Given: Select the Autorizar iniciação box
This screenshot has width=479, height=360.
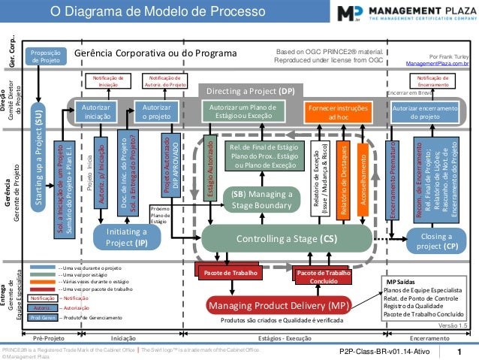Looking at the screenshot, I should click(96, 113).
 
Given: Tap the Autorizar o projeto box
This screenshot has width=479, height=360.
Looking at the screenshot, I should click(155, 113).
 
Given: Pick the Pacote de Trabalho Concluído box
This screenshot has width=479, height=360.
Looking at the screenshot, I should click(324, 277).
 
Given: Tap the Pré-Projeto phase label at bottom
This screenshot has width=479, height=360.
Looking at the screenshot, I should click(48, 338).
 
